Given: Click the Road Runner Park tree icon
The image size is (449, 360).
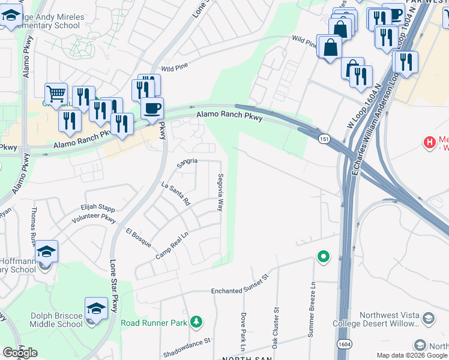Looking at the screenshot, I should (195, 323).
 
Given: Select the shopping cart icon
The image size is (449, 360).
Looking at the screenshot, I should (55, 93).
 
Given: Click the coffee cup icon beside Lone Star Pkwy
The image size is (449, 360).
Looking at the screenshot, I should (152, 108).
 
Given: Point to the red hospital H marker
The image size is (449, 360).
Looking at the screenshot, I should (430, 142).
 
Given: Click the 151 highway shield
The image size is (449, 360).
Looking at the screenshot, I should (324, 139).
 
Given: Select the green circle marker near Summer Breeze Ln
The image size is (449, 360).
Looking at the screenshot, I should (324, 257).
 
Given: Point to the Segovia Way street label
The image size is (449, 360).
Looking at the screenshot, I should (220, 193).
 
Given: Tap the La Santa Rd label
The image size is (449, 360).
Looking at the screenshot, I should (176, 194).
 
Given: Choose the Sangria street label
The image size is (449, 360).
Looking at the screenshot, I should (187, 163).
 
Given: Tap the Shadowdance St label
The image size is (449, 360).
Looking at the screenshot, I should (188, 341).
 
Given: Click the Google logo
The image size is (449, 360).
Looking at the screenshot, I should (20, 353).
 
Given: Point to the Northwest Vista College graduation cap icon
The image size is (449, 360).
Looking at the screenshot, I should (429, 317).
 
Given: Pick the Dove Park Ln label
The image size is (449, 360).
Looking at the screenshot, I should (243, 331).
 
